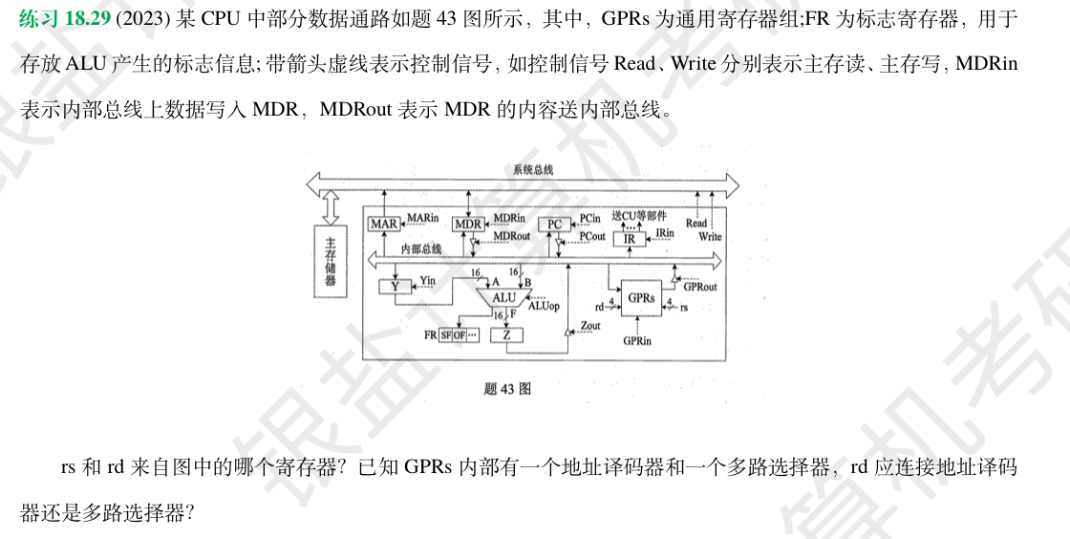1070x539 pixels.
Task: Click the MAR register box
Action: point(384,224)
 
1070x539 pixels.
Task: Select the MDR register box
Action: point(468,224)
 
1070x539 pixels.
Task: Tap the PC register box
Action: point(554,224)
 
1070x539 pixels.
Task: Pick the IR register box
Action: point(629,239)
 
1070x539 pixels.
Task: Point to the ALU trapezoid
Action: point(503,297)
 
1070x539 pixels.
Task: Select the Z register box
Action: point(505,334)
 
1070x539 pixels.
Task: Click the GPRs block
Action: point(641,298)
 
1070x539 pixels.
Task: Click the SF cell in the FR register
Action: point(445,335)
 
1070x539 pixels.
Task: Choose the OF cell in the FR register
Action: point(460,335)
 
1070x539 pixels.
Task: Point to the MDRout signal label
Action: point(511,236)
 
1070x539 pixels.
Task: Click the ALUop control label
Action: point(544,306)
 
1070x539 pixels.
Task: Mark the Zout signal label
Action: point(590,326)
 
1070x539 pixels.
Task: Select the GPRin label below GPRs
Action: point(637,341)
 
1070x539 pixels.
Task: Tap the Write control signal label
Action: point(710,236)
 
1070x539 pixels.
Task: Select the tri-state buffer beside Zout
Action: point(567,331)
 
